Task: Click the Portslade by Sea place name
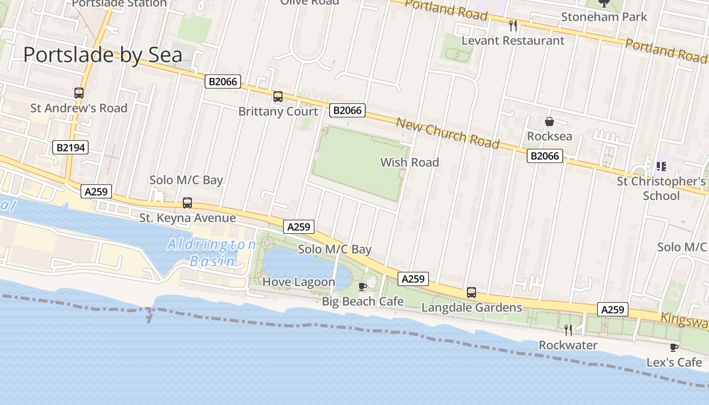coord(103,55)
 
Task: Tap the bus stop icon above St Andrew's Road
coord(79,93)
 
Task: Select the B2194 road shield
coord(70,148)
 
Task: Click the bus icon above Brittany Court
coord(278,97)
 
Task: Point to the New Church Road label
coord(448,134)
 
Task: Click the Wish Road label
coord(409,163)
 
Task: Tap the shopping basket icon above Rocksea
coord(549,122)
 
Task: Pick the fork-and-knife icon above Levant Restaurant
coord(513,25)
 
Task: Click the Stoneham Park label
coord(604,17)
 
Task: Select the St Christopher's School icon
coord(661,166)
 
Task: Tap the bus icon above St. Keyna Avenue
coord(187,203)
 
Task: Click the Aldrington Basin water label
coord(212,253)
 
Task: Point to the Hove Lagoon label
coord(299,282)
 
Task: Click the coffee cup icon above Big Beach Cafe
coord(363,287)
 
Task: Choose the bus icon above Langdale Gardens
coord(471,293)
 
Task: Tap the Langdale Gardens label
coord(471,307)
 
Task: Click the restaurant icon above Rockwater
coord(568,330)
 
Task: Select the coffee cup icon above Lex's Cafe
coord(674,347)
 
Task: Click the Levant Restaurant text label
coord(513,40)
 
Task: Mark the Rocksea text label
coord(549,136)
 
